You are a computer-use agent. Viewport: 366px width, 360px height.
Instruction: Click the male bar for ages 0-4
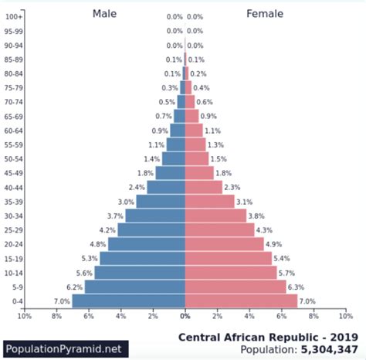(x=128, y=301)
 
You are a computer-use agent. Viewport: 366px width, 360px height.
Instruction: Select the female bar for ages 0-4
(x=241, y=301)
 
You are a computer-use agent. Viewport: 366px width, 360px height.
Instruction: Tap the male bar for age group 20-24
(x=146, y=244)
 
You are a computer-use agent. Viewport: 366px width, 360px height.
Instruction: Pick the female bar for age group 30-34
(x=215, y=216)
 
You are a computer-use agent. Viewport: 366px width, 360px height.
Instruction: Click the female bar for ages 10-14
(x=231, y=272)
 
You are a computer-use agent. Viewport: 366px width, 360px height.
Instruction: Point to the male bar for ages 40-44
(x=165, y=187)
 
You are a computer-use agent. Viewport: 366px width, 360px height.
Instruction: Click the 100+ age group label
(x=13, y=16)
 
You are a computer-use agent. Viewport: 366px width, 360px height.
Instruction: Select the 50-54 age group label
(x=13, y=158)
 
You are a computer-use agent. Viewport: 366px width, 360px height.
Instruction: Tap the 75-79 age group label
(x=13, y=87)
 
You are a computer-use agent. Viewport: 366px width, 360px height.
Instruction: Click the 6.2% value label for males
(x=74, y=287)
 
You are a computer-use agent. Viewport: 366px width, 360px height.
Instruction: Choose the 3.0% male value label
(x=126, y=202)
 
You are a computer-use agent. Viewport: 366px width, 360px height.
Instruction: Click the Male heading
(x=106, y=13)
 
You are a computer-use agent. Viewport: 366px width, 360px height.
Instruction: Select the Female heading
(x=265, y=13)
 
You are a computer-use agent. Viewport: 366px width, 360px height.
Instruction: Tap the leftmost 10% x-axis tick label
(x=24, y=316)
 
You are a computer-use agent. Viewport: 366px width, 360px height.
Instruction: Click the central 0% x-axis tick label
(x=185, y=316)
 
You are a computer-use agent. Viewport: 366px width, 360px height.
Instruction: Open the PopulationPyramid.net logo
(x=64, y=348)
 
